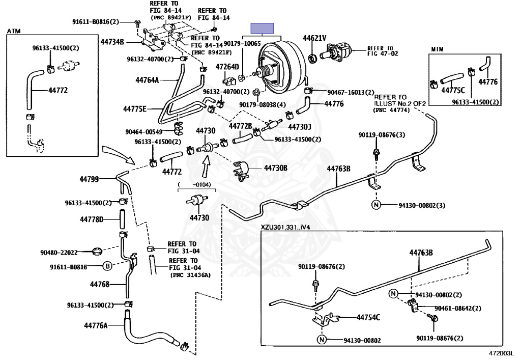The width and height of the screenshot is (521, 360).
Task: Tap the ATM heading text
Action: tap(14, 31)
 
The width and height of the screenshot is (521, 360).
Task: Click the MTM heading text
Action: tap(438, 49)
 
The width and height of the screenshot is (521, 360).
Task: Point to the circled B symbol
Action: tap(108, 266)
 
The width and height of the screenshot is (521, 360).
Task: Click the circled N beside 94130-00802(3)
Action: tap(376, 205)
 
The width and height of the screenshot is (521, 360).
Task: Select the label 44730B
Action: tap(275, 167)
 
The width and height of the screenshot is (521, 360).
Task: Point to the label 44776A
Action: tap(96, 325)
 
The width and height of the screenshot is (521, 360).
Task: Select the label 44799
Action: tap(92, 179)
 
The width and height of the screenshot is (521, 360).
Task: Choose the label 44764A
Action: tap(148, 79)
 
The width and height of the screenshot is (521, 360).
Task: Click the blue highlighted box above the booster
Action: tap(263, 27)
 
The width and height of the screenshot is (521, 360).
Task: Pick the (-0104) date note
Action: tap(194, 185)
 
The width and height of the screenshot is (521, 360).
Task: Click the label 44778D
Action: tap(92, 219)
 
